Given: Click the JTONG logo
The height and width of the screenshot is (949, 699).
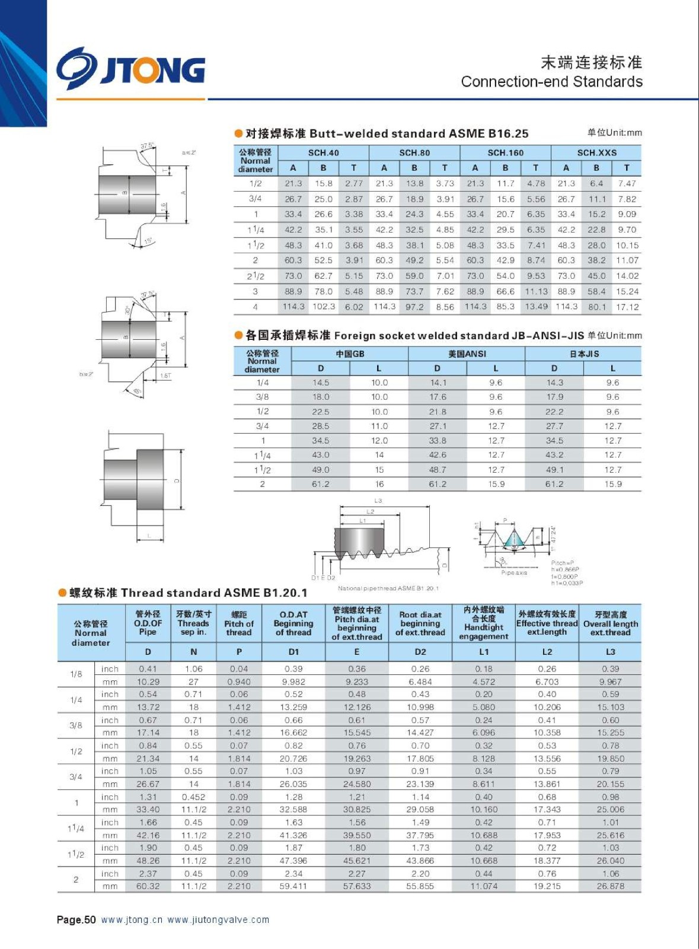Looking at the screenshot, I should coord(131,69).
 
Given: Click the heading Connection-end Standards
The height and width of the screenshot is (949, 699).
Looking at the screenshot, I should coord(551,82).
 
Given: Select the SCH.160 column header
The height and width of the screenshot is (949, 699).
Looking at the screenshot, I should coord(505,152).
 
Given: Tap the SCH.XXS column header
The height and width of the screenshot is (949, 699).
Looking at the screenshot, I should coord(596,152).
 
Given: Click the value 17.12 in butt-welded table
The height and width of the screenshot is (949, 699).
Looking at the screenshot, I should coord(627,307).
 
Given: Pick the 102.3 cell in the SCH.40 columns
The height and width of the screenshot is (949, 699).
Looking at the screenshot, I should coord(324,307).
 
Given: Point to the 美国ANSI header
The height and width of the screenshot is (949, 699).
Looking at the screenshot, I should coord(467,354).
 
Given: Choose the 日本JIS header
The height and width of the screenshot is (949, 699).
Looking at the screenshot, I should coord(584,354).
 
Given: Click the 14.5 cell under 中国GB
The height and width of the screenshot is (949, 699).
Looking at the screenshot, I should coord(321,383).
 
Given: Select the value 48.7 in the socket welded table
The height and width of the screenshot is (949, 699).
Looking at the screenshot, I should coord(438,470).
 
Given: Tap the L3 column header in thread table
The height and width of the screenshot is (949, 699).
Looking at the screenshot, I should coord(610,651).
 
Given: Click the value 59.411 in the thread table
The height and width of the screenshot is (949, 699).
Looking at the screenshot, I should coord(293,886).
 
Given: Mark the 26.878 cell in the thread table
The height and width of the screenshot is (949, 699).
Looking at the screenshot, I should coord(610,886).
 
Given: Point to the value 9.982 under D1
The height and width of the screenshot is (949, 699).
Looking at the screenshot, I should coord(293,682).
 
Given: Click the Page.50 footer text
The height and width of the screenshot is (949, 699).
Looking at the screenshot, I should coord(76,920).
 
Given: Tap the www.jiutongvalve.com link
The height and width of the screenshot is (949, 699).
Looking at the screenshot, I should coord(218,920).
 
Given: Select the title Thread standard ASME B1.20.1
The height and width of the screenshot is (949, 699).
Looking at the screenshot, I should coord(189,593).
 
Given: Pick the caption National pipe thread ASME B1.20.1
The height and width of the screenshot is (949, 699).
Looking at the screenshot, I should coord(388,588).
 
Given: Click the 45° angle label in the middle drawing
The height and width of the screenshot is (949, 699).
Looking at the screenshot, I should coord(138,392).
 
